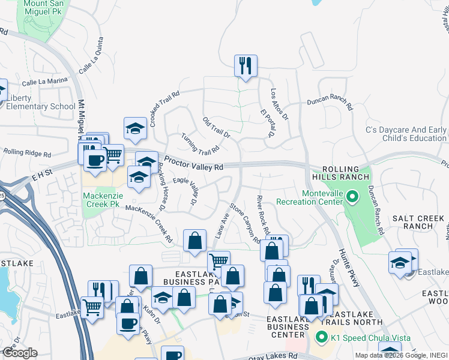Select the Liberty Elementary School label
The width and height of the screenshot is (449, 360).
[41, 102]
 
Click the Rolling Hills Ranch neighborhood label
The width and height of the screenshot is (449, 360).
[340, 173]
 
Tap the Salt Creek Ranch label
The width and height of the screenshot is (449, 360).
[418, 221]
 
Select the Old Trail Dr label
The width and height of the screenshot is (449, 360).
[216, 127]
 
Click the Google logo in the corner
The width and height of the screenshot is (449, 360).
[19, 353]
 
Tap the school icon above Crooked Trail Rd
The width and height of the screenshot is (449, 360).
[136, 127]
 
